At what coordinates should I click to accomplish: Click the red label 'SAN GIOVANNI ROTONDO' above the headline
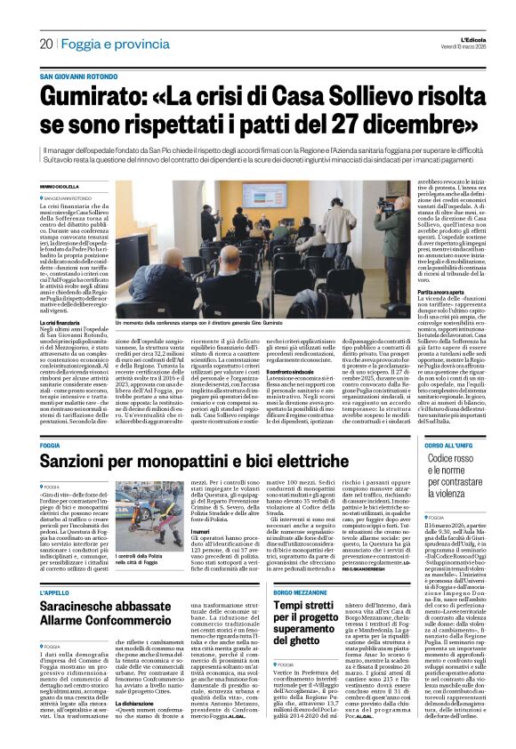click(82, 77)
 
